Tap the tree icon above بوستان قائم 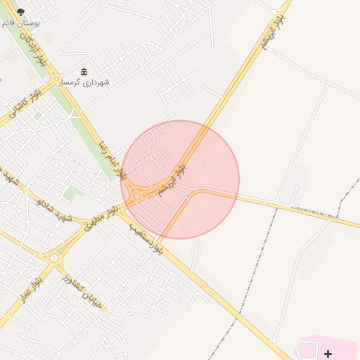[20, 11]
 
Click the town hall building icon [84, 72]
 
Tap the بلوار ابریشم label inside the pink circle [172, 179]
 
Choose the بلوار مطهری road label [101, 219]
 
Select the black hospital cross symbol [328, 354]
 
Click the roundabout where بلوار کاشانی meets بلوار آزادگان [53, 78]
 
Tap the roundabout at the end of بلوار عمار [54, 258]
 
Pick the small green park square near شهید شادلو [73, 191]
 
